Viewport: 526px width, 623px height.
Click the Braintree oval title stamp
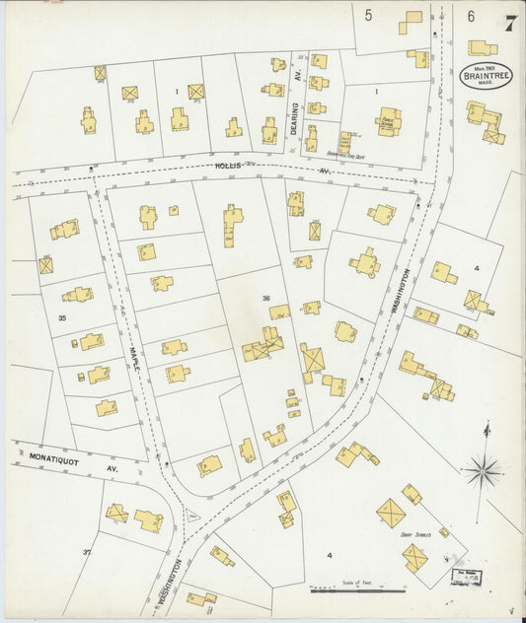[x=486, y=76]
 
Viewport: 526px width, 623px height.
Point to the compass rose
[x=484, y=470]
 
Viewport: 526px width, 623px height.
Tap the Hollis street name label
[x=228, y=167]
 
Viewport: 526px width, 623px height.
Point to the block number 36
[x=265, y=298]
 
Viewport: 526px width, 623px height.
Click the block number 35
[x=62, y=318]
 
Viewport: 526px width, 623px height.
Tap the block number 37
[x=86, y=552]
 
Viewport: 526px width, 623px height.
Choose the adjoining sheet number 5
[x=368, y=15]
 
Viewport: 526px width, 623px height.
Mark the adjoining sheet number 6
[x=471, y=15]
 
